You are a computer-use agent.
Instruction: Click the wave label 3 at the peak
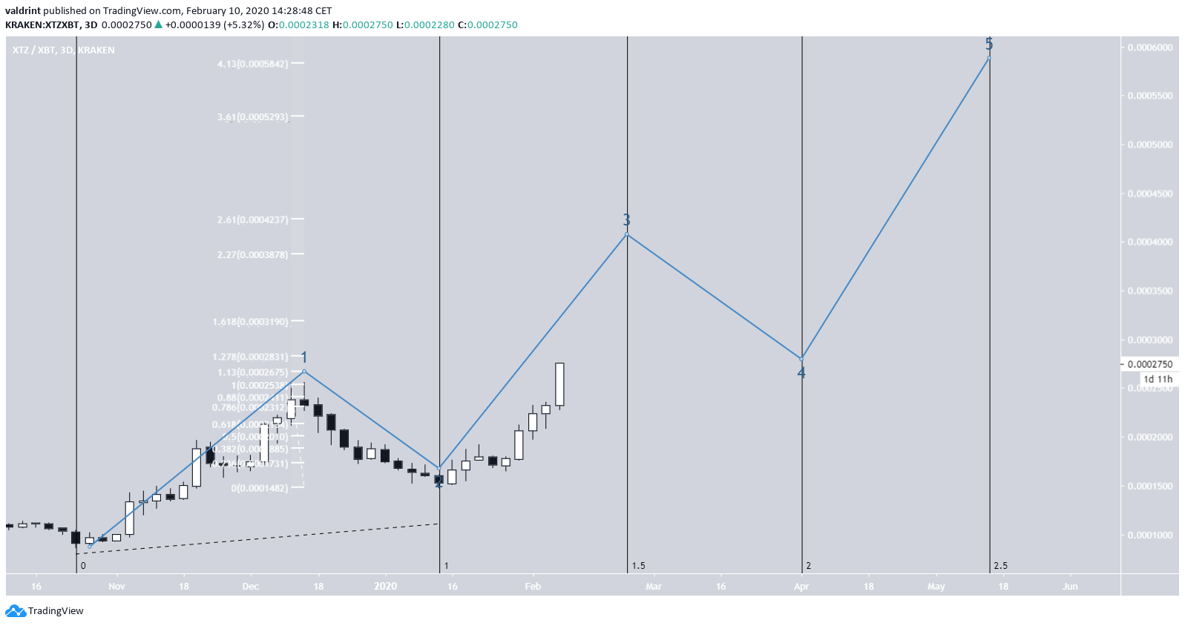[x=627, y=220]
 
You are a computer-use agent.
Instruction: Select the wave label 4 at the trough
[x=801, y=373]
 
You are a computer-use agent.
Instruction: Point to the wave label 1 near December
[x=304, y=358]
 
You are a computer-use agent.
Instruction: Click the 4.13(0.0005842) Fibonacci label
[x=252, y=64]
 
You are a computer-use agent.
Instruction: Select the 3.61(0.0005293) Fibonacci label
[x=252, y=117]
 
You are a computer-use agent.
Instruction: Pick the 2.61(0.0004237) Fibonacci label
[x=252, y=220]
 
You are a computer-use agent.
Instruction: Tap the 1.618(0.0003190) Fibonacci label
[x=250, y=322]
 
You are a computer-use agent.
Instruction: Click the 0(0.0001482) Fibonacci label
[x=259, y=488]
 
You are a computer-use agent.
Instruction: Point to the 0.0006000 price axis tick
[x=1150, y=47]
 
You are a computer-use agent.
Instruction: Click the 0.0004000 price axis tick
[x=1150, y=243]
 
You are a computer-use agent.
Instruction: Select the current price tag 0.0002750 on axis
[x=1149, y=364]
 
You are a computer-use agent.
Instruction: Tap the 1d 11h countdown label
[x=1158, y=379]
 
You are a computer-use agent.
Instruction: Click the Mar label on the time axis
[x=654, y=587]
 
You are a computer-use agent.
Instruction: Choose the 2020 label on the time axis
[x=385, y=587]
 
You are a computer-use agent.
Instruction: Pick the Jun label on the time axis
[x=1070, y=587]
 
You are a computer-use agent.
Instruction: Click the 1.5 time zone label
[x=638, y=566]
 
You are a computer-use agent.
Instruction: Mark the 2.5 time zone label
[x=1000, y=566]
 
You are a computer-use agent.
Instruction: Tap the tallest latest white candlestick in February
[x=559, y=384]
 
